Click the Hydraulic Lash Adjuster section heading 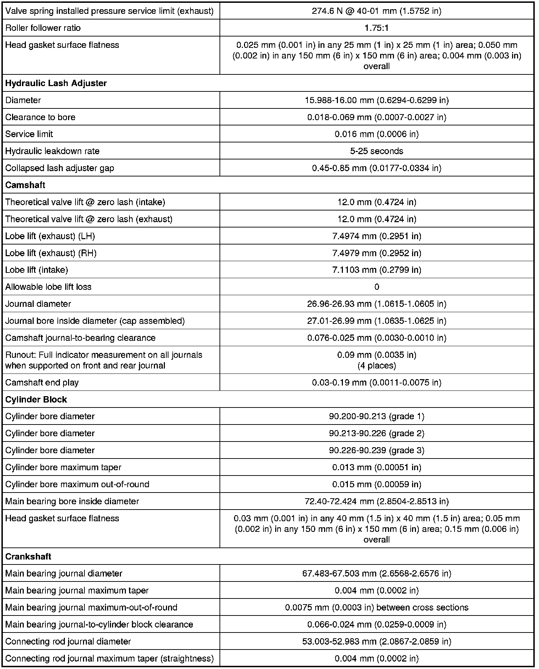pos(56,83)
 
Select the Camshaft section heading pos(25,185)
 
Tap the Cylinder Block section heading pos(36,399)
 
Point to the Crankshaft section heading pos(28,556)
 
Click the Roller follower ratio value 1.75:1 pos(377,28)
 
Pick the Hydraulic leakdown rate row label pos(52,151)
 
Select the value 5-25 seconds pos(377,151)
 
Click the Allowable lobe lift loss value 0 pos(377,287)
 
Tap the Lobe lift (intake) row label pos(37,270)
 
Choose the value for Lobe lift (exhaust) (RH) pos(377,253)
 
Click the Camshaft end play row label pos(42,382)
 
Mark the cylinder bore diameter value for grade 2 pos(377,433)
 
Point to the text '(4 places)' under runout pos(377,365)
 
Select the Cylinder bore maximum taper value pos(377,467)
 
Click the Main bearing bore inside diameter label pos(72,501)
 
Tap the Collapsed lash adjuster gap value pos(377,168)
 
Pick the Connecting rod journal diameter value pos(377,641)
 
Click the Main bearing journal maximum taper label pos(77,590)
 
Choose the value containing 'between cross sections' pos(377,607)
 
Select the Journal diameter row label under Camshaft pos(38,304)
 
